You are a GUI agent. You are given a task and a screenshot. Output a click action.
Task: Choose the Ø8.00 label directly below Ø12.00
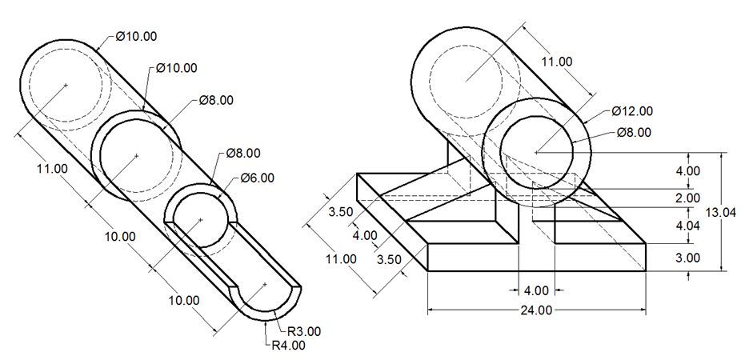coord(634,132)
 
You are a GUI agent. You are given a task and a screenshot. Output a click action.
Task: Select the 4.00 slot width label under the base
coord(536,290)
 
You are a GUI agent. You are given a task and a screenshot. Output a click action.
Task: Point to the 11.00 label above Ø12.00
coord(557,62)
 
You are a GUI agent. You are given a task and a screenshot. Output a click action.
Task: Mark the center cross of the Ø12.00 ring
coord(536,150)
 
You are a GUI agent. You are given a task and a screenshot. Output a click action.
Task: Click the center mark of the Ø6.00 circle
coord(200,219)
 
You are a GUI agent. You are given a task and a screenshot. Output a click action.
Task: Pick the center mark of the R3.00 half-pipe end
coord(264,283)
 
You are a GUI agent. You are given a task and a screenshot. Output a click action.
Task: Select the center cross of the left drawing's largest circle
coord(66,84)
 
